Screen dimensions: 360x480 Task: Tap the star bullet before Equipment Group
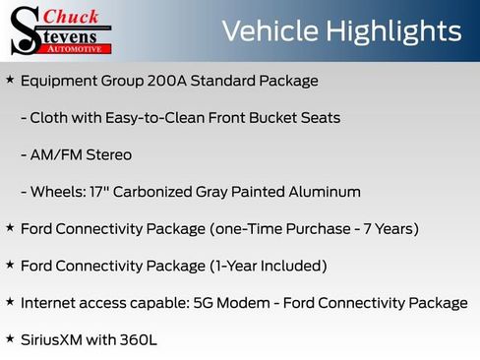point(10,80)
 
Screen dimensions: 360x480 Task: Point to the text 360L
point(138,339)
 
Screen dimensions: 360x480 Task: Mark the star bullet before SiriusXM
point(10,338)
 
